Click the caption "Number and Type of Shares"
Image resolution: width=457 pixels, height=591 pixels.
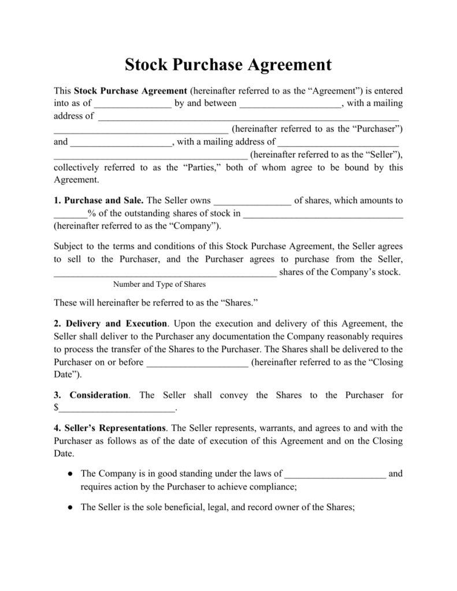click(159, 284)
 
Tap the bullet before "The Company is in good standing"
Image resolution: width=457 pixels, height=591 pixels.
click(69, 474)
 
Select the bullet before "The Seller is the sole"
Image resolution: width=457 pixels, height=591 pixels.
click(69, 507)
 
